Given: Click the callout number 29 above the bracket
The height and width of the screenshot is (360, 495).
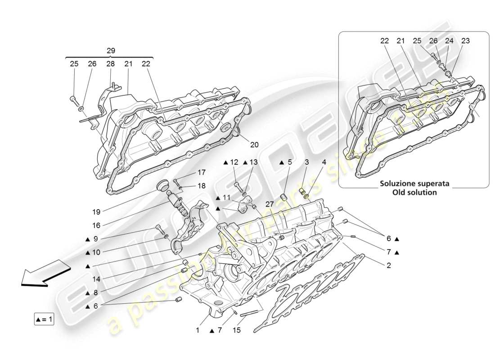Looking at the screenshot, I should click(x=111, y=51).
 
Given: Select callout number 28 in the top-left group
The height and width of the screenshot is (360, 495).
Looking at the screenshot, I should click(x=110, y=64).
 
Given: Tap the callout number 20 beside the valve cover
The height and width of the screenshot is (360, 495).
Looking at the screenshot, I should click(x=255, y=144).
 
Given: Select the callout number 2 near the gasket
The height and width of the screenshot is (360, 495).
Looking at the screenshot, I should click(x=388, y=265).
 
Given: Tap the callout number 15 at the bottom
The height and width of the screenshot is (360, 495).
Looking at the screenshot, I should click(x=237, y=331).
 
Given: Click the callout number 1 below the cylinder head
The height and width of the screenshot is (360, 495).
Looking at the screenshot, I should click(x=197, y=331).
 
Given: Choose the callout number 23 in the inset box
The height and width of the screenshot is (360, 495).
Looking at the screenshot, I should click(x=465, y=40).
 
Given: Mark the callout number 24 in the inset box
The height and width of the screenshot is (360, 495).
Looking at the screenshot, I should click(x=449, y=40).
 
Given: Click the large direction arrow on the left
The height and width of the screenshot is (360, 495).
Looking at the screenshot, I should click(x=45, y=272).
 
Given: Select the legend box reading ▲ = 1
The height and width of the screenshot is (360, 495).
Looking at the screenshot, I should click(x=44, y=319).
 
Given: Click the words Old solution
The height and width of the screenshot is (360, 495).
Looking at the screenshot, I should click(x=414, y=192).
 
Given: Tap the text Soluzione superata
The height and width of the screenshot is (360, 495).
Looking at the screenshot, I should click(x=414, y=184).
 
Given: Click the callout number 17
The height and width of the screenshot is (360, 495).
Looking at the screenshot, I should click(x=201, y=172).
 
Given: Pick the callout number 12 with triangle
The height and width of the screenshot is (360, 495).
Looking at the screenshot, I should click(x=234, y=162).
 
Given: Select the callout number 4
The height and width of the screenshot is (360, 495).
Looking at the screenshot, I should click(x=324, y=162).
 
